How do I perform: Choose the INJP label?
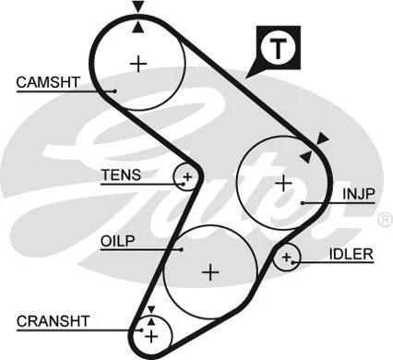pyautogui.click(x=359, y=195)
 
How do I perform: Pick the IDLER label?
pyautogui.click(x=351, y=254)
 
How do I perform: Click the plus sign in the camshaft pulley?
pyautogui.click(x=138, y=64)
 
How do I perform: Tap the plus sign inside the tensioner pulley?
pyautogui.click(x=187, y=175)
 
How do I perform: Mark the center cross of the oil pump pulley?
pyautogui.click(x=211, y=271)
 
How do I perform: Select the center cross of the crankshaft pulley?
pyautogui.click(x=150, y=332)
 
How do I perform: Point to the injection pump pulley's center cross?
pyautogui.click(x=281, y=182)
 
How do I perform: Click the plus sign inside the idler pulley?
pyautogui.click(x=287, y=257)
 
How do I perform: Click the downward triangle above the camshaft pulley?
pyautogui.click(x=137, y=7)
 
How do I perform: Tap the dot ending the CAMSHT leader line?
pyautogui.click(x=113, y=90)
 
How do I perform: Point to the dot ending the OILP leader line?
pyautogui.click(x=176, y=247)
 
